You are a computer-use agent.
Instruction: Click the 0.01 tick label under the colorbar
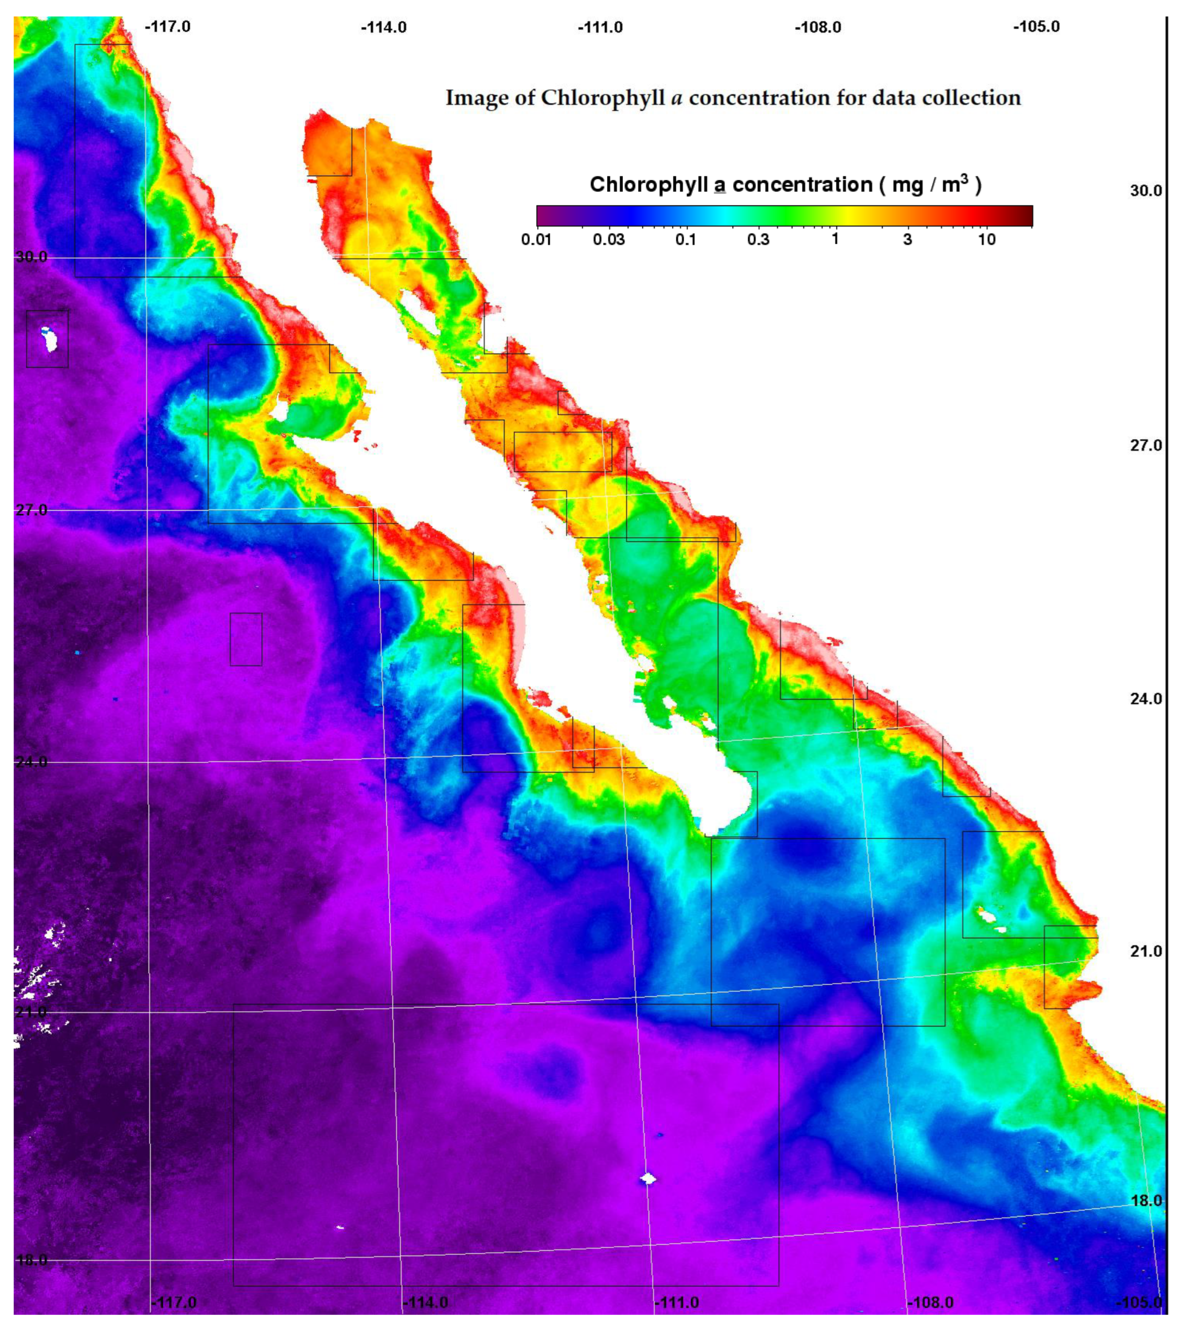(x=536, y=240)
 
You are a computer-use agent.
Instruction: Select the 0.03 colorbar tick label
(x=609, y=240)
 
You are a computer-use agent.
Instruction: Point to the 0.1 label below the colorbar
(x=685, y=240)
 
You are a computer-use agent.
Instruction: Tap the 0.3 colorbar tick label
(x=758, y=240)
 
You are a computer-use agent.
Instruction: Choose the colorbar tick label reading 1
(x=835, y=239)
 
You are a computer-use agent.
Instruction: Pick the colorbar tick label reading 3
(x=908, y=240)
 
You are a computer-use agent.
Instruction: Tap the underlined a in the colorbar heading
(x=719, y=185)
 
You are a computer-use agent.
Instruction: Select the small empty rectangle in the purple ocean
(x=246, y=639)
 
